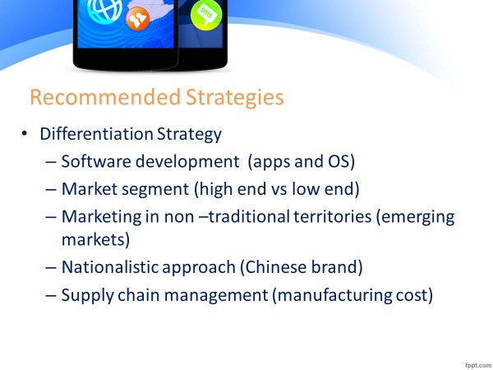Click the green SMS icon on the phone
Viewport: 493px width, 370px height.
click(204, 13)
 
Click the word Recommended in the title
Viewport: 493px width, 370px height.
click(94, 98)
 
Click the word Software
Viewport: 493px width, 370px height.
click(93, 162)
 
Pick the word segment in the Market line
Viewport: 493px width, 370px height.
click(149, 189)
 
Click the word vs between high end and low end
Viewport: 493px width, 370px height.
click(266, 189)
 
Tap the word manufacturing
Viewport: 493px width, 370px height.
click(331, 295)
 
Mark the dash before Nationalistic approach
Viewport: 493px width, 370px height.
click(52, 268)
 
